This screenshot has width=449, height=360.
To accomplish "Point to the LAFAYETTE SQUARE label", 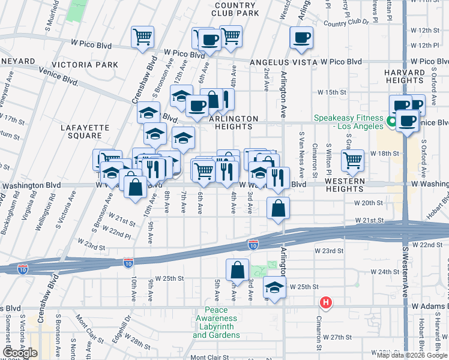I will point(85,131).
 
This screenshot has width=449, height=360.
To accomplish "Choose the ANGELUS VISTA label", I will point(274,62).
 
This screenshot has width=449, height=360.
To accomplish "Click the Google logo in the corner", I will point(20,353).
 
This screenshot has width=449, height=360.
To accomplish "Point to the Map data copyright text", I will point(412,355).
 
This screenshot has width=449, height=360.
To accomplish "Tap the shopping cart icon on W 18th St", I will point(352,160).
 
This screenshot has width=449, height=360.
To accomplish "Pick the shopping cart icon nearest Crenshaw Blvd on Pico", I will point(143,36).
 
